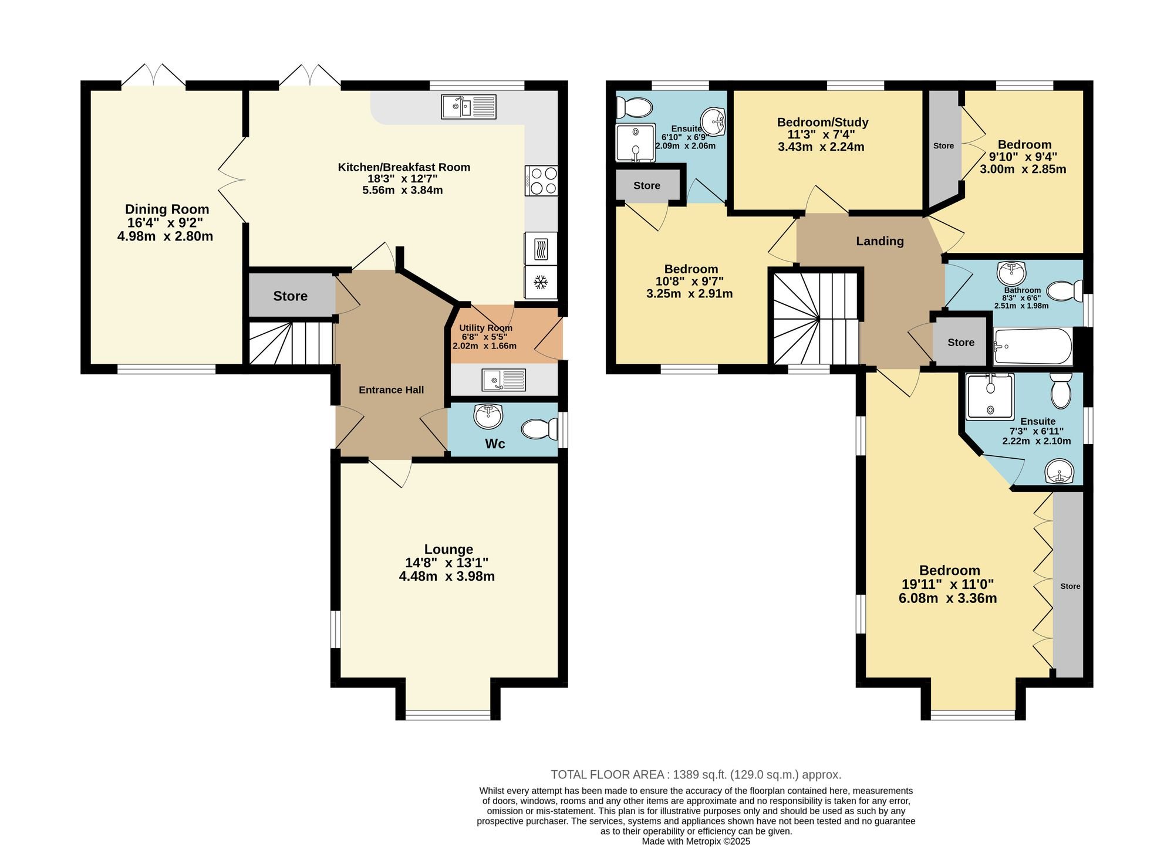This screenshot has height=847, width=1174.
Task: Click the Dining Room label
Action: [x=167, y=209]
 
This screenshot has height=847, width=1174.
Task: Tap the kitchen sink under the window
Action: [x=468, y=107]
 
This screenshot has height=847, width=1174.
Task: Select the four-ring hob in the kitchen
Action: [x=541, y=181]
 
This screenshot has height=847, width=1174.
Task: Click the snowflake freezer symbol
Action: [x=540, y=283]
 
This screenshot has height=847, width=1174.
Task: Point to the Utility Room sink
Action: [x=504, y=380]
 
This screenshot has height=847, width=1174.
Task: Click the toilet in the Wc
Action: [x=539, y=429]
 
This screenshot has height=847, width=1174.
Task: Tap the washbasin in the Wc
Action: [x=488, y=416]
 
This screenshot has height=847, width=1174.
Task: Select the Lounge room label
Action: [x=448, y=550]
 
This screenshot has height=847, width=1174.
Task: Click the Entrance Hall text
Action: [x=391, y=390]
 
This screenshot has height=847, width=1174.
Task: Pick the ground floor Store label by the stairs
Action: [x=290, y=296]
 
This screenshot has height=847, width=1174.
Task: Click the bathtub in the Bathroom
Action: [x=1033, y=347]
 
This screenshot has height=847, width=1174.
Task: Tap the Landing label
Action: [x=879, y=241]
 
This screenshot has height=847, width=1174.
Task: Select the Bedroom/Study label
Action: [x=822, y=122]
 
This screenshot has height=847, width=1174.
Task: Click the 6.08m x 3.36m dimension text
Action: [x=947, y=598]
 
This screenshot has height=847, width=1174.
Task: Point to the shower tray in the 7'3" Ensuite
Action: [x=990, y=397]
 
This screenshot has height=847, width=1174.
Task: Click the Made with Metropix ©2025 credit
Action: [x=696, y=841]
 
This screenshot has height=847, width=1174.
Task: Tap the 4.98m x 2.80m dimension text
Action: [x=165, y=236]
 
